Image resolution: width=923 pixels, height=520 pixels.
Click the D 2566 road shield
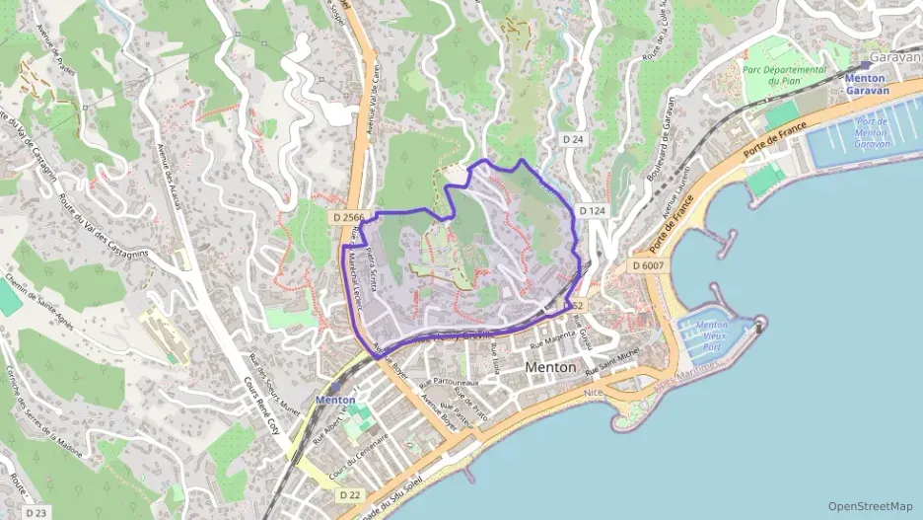click(349, 217)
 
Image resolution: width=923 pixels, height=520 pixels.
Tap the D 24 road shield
click(573, 140)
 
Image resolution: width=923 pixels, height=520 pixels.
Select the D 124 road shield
click(592, 211)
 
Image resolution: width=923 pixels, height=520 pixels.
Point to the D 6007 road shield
click(648, 266)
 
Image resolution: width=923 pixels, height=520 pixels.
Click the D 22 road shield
click(349, 494)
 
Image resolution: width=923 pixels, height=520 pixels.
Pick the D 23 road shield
click(35, 513)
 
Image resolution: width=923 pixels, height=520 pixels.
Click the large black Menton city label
click(551, 366)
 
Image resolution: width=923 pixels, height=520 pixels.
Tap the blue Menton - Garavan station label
click(866, 84)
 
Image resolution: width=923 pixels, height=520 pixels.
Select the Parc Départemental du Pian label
click(784, 76)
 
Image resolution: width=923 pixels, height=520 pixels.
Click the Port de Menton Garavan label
click(871, 132)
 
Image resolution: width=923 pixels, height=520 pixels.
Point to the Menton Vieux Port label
click(711, 335)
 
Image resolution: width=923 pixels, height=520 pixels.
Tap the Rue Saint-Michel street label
click(612, 361)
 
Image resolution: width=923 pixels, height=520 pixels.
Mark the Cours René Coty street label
click(260, 405)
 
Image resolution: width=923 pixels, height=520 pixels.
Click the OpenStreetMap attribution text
click(870, 506)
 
